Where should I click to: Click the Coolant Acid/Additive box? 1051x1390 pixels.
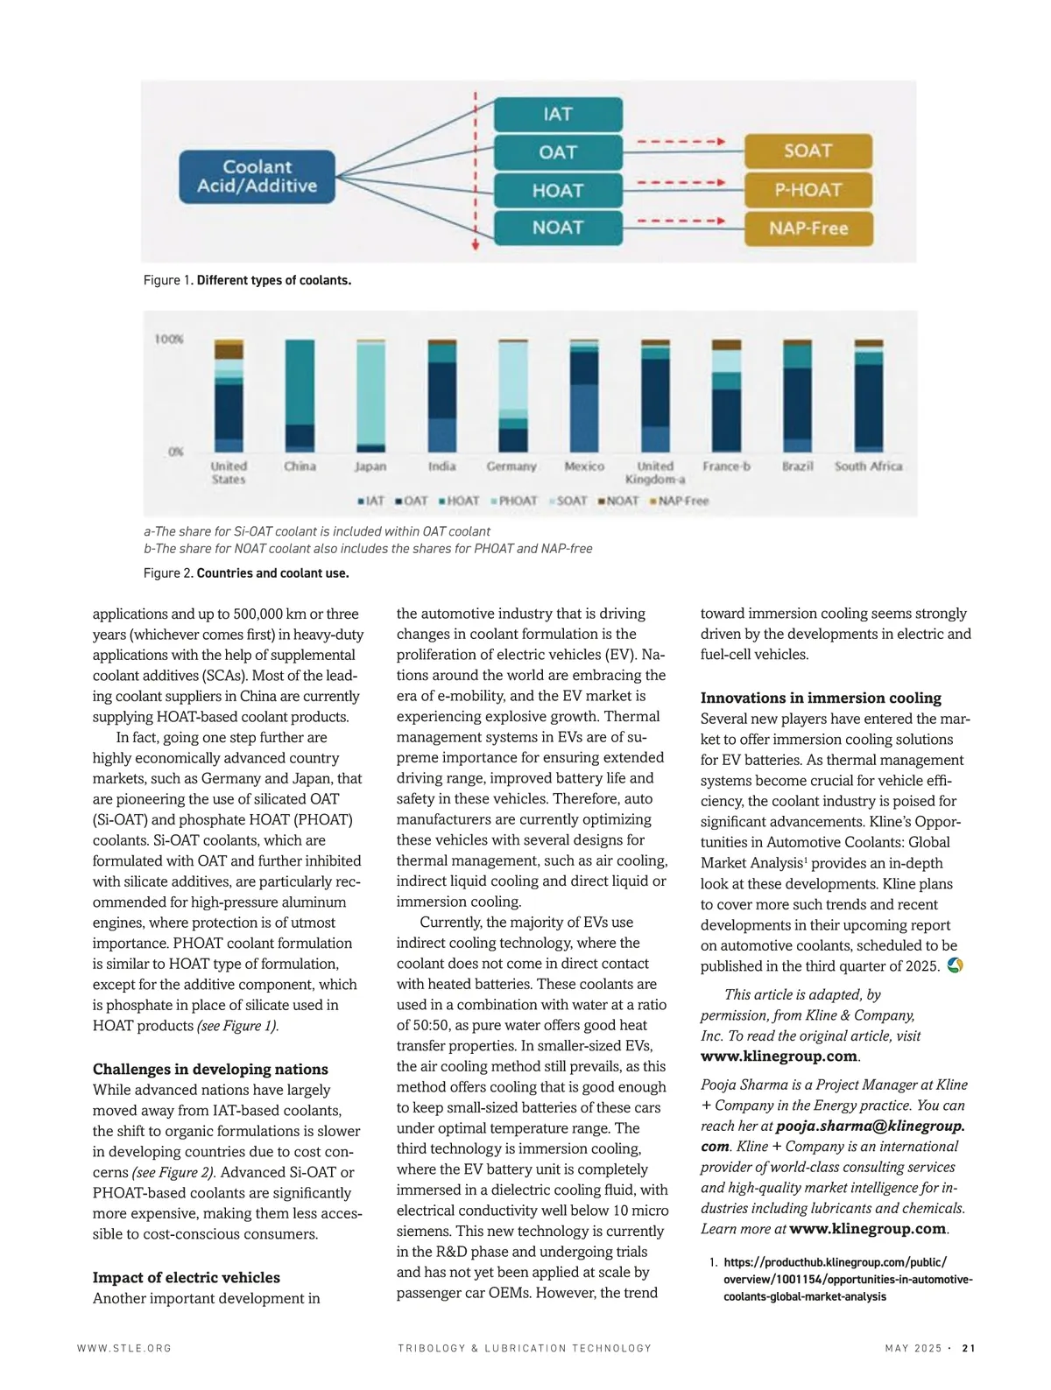[x=257, y=176]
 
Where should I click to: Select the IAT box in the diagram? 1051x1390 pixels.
[x=558, y=114]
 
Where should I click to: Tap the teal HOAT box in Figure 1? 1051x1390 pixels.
[x=558, y=190]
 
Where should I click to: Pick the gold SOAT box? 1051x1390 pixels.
[x=808, y=151]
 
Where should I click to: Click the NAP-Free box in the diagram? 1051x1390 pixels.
[x=808, y=228]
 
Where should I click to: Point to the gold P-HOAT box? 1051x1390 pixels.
[x=808, y=189]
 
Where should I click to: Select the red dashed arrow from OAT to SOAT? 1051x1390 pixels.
[x=681, y=141]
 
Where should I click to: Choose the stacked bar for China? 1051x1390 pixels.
[x=300, y=395]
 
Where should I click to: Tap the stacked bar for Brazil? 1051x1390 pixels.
[x=797, y=395]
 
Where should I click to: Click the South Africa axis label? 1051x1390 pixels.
[x=868, y=467]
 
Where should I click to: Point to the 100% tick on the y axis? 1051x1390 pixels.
[x=169, y=339]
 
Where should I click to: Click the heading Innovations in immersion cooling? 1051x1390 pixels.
[x=821, y=698]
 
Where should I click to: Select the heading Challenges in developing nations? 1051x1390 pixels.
[x=210, y=1069]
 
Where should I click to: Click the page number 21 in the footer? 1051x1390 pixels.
[x=968, y=1348]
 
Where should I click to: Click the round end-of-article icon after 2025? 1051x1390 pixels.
[x=956, y=965]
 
